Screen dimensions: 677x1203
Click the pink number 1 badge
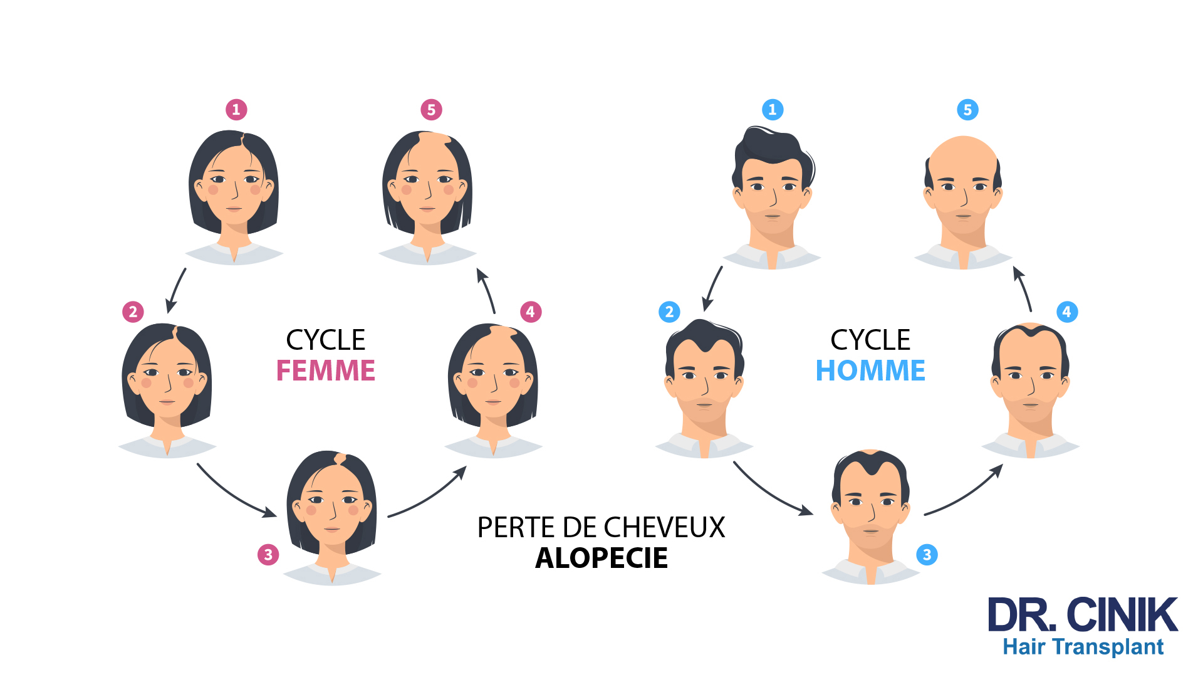[236, 110]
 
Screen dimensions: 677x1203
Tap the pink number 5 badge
[431, 110]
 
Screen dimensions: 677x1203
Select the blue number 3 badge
[927, 554]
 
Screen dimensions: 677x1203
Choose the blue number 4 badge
[1067, 312]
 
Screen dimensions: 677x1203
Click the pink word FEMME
[326, 370]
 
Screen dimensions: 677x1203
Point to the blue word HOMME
[870, 370]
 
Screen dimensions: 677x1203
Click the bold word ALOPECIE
[601, 558]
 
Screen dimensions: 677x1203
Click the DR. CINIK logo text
[1082, 615]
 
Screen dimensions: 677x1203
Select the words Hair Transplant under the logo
[1083, 647]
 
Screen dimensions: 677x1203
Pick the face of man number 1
[773, 188]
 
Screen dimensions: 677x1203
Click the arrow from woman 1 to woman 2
[175, 290]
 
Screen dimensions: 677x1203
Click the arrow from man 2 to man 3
[772, 492]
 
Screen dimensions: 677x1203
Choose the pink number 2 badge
[133, 312]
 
